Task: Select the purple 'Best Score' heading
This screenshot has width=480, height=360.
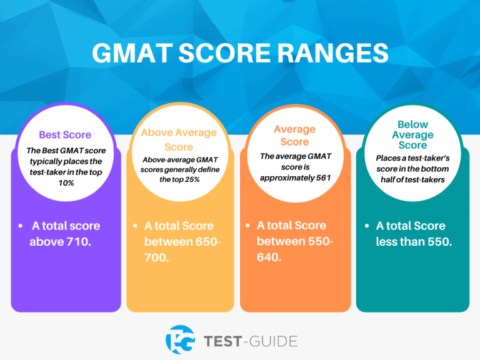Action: [x=65, y=134]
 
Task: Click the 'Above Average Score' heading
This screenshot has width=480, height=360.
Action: [x=179, y=139]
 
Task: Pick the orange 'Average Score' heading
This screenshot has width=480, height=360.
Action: [x=294, y=135]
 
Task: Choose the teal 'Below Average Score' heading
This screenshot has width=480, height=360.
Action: [x=412, y=135]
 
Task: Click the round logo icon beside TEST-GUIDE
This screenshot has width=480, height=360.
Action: [x=180, y=340]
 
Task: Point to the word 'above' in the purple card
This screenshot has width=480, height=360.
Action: [x=46, y=241]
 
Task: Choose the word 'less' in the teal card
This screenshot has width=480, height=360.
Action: [x=389, y=241]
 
